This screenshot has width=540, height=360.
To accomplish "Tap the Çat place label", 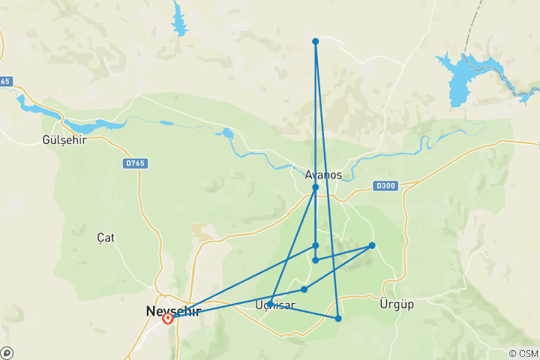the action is (106, 238).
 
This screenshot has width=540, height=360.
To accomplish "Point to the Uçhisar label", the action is (275, 305).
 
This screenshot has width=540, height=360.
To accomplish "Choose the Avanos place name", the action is (323, 174).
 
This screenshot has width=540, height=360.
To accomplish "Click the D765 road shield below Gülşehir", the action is (135, 162).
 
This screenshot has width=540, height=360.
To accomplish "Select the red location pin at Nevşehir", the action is (168, 318).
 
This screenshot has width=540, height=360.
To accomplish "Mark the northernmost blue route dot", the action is (316, 41).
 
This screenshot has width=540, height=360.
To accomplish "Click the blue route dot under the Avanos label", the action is (316, 187).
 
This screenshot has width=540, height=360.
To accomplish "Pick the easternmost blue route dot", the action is (372, 245).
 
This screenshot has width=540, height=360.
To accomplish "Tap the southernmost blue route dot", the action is (338, 319).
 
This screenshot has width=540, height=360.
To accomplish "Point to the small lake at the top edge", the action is (179, 19).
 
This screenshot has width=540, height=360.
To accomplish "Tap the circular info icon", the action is (7, 352).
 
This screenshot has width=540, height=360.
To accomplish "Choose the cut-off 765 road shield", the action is (6, 81).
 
